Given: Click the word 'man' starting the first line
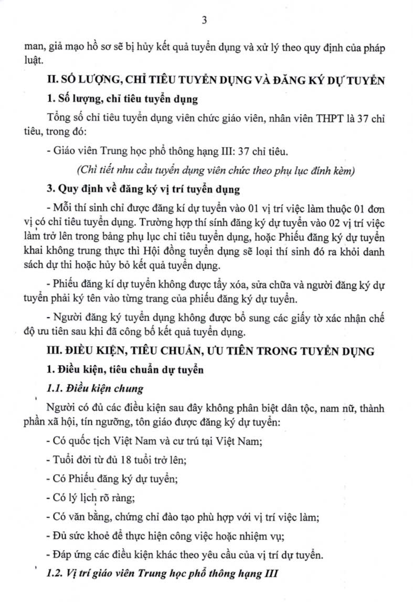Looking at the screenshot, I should coord(35,48).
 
